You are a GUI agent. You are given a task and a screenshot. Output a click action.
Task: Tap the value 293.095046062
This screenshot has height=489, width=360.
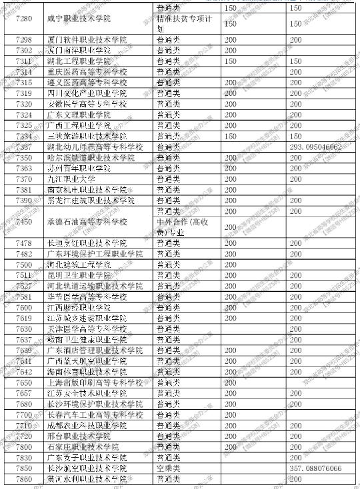315,147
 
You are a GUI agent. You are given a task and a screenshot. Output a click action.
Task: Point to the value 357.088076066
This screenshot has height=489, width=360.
315,469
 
